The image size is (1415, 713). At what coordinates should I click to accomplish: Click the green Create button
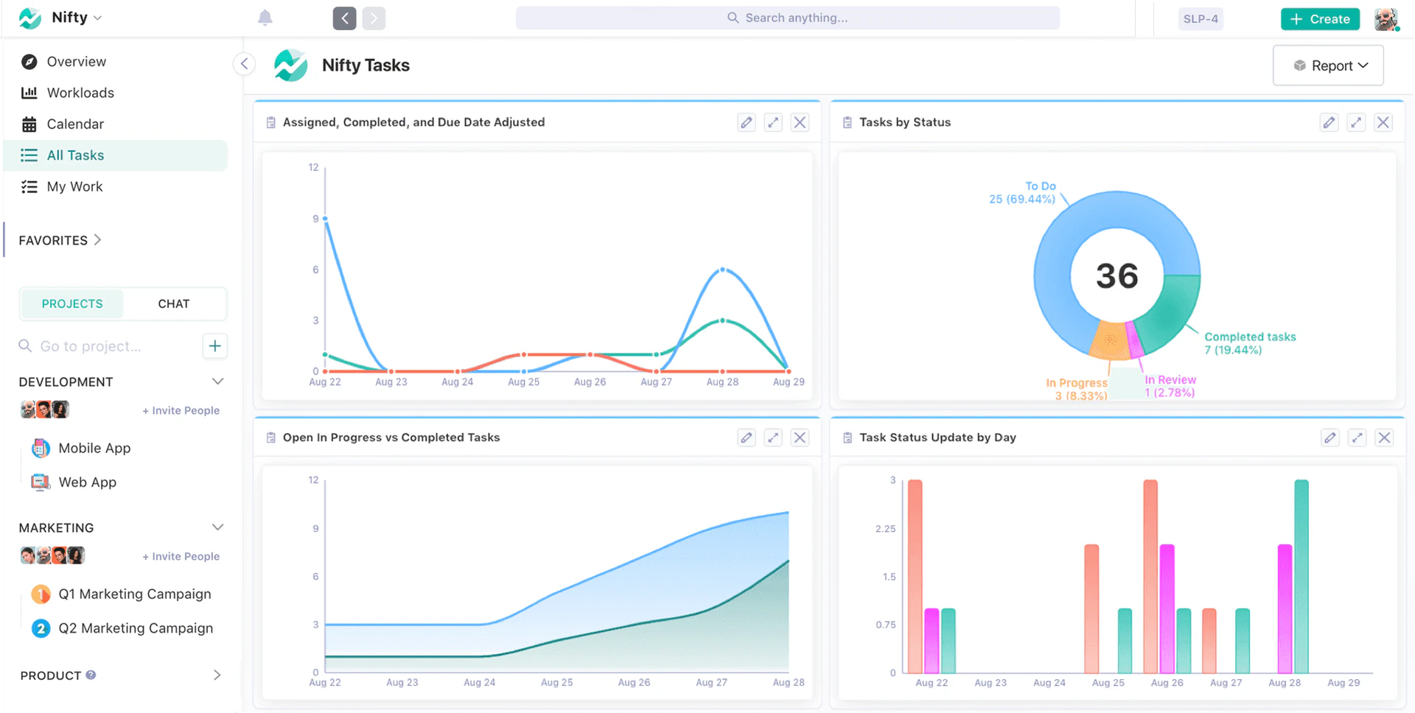pyautogui.click(x=1320, y=19)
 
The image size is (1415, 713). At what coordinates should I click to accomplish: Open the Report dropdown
pyautogui.click(x=1328, y=66)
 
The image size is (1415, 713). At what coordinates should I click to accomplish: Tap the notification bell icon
pyautogui.click(x=265, y=18)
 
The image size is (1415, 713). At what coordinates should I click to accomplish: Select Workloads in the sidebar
pyautogui.click(x=80, y=93)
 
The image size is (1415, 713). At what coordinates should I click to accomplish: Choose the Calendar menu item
pyautogui.click(x=75, y=124)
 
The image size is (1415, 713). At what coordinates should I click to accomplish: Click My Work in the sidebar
pyautogui.click(x=74, y=187)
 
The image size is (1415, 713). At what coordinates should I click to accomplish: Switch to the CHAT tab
pyautogui.click(x=174, y=304)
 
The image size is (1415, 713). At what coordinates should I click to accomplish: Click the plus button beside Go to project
pyautogui.click(x=214, y=346)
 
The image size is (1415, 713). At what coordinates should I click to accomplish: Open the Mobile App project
pyautogui.click(x=94, y=449)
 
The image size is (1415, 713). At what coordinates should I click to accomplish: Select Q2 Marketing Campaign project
pyautogui.click(x=136, y=628)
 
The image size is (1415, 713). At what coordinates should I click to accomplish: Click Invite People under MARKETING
pyautogui.click(x=181, y=557)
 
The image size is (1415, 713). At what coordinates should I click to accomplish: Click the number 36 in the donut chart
pyautogui.click(x=1117, y=276)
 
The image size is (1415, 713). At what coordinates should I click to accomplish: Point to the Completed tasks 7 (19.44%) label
pyautogui.click(x=1249, y=343)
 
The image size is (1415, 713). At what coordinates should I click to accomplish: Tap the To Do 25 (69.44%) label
pyautogui.click(x=1023, y=193)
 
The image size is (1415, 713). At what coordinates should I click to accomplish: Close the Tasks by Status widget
pyautogui.click(x=1383, y=122)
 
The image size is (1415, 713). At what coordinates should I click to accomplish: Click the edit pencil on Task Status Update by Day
pyautogui.click(x=1330, y=438)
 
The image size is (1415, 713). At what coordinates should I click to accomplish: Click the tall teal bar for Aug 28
pyautogui.click(x=1301, y=576)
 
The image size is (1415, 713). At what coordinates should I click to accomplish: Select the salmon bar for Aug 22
pyautogui.click(x=915, y=576)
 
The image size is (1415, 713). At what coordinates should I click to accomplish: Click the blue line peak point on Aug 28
pyautogui.click(x=723, y=270)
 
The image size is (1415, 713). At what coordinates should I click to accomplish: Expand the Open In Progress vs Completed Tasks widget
pyautogui.click(x=773, y=438)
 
